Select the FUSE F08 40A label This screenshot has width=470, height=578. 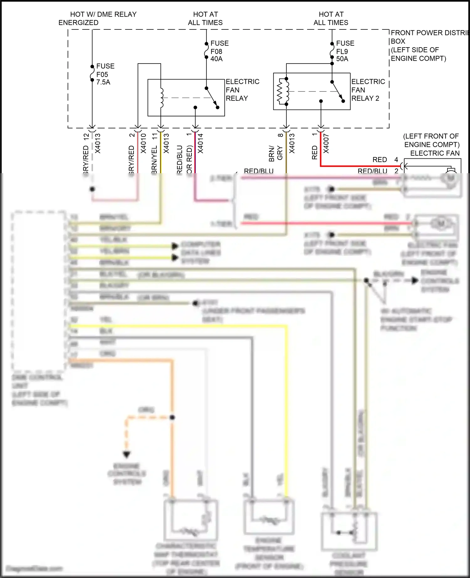pyautogui.click(x=219, y=51)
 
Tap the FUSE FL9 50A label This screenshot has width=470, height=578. pyautogui.click(x=345, y=51)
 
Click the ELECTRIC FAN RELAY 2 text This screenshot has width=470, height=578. pyautogui.click(x=368, y=90)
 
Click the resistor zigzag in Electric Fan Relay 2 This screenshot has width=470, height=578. pyautogui.click(x=280, y=91)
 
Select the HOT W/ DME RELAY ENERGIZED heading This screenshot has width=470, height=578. pyautogui.click(x=97, y=18)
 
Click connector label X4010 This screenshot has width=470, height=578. pyautogui.click(x=143, y=143)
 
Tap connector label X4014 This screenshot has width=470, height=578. pyautogui.click(x=201, y=143)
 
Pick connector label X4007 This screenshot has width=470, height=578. pyautogui.click(x=326, y=144)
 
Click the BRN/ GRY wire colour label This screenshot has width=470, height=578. pyautogui.click(x=276, y=153)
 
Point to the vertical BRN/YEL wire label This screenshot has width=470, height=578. pyautogui.click(x=154, y=158)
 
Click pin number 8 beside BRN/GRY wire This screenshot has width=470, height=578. pyautogui.click(x=280, y=135)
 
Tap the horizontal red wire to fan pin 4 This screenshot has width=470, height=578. pyautogui.click(x=360, y=166)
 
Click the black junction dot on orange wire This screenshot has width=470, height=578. pyautogui.click(x=172, y=417)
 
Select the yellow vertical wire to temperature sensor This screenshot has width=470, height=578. pyautogui.click(x=286, y=407)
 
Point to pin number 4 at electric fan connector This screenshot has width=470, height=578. pyautogui.click(x=396, y=160)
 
